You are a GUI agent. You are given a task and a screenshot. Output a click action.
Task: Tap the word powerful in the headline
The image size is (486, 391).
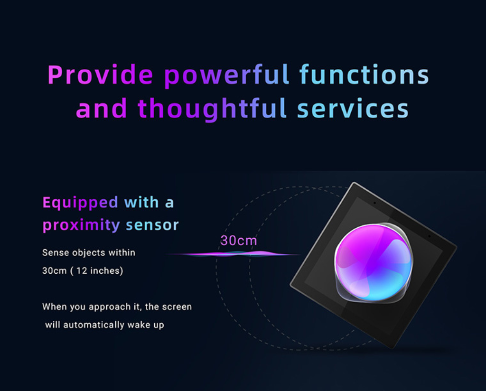[x=226, y=76]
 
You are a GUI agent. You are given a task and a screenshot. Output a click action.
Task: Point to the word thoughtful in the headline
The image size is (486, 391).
[x=212, y=109]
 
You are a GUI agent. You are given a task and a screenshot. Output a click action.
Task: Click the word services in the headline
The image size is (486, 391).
[x=353, y=109]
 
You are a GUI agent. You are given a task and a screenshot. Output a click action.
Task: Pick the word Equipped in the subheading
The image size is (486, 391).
[x=80, y=203]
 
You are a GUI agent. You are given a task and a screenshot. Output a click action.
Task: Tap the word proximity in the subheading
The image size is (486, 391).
[x=81, y=225]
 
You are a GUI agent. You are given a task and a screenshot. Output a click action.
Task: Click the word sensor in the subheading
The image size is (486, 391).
[x=152, y=225]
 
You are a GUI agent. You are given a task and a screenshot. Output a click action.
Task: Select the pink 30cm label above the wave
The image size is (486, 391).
[x=239, y=241]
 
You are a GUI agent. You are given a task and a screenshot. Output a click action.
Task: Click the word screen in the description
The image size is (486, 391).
[x=177, y=307]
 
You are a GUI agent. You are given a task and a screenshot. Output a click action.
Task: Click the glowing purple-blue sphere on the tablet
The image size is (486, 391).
[x=374, y=263]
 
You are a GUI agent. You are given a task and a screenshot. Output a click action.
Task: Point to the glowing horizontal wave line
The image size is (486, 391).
[x=233, y=254]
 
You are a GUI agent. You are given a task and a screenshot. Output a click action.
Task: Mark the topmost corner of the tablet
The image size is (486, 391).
[x=354, y=183]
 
